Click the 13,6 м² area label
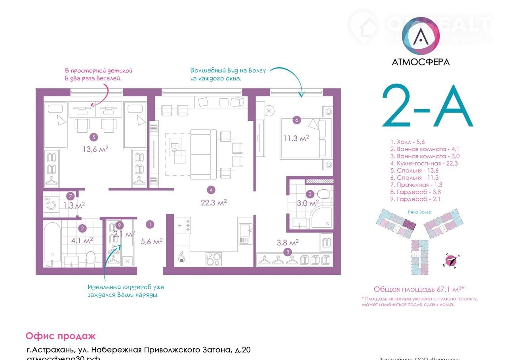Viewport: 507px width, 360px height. (96, 149)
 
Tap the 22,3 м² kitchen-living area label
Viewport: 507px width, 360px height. (213, 202)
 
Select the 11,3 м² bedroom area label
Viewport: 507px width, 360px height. (295, 138)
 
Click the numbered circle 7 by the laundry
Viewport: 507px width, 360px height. (70, 196)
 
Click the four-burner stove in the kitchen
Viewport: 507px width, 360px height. (213, 259)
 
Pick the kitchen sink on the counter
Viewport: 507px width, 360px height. (245, 233)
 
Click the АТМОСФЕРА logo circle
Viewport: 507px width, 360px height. (420, 36)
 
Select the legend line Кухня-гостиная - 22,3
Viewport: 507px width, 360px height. (424, 163)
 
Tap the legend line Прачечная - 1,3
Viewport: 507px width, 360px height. (416, 185)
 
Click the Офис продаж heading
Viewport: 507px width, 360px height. (61, 336)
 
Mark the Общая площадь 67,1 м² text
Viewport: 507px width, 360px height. (419, 289)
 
